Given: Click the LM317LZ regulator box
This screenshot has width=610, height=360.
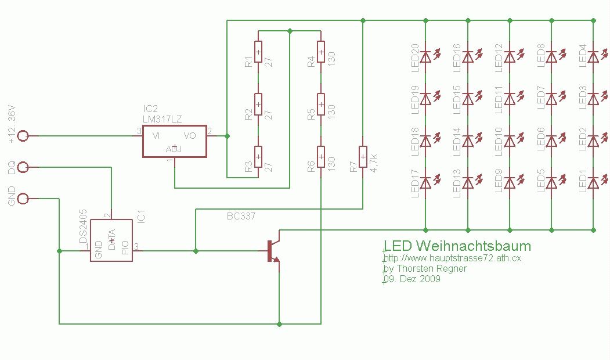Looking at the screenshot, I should point(174,141).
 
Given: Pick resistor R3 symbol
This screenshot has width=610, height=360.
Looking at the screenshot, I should point(258,157).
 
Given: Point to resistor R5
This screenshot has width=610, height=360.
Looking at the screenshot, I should point(321,105).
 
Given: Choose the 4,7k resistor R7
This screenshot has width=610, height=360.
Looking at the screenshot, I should point(363,157).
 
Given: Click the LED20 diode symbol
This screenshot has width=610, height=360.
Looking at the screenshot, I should point(426,57).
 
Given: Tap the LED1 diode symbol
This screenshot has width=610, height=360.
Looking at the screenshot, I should point(593,183).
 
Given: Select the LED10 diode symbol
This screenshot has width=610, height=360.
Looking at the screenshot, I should point(510,141).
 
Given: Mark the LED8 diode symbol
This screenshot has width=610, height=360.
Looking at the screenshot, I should point(551,57).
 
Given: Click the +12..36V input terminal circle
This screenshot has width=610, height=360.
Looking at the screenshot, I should point(23,136).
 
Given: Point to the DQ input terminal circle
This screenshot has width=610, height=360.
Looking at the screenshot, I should point(23,167).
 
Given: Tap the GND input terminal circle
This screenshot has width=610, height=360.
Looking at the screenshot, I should point(23,199).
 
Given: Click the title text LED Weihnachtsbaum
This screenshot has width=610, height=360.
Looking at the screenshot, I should point(457,246).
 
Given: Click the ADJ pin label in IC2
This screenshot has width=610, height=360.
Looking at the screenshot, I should point(174,149).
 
